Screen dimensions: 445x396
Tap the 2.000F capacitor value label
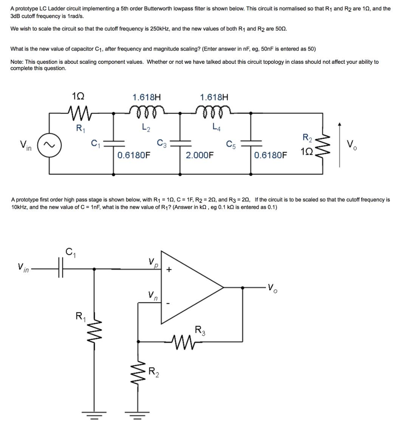[200, 155]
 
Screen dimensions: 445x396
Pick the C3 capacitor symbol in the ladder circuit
[182, 143]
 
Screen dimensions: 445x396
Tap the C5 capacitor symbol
[251, 143]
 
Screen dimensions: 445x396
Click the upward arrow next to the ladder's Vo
[339, 143]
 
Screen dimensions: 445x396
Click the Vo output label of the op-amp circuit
[272, 287]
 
